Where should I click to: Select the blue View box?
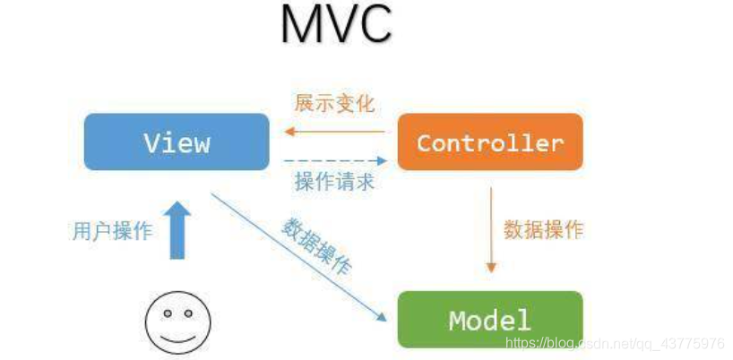(177, 141)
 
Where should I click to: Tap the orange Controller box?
(490, 141)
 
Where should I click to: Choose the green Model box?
(490, 320)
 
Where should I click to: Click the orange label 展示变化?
(334, 103)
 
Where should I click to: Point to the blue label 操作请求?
(334, 182)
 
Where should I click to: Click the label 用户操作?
(112, 230)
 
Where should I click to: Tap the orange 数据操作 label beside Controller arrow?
(543, 229)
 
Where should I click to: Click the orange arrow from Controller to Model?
(490, 228)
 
